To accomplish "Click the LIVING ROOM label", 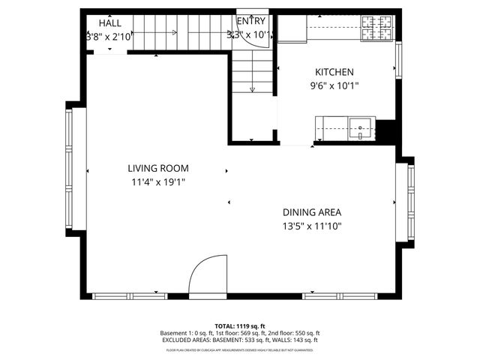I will click(157, 169).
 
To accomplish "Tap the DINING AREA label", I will click(312, 212).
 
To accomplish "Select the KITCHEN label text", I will click(334, 72).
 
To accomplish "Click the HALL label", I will click(109, 23).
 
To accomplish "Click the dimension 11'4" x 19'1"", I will click(157, 181).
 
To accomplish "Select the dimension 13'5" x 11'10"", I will click(312, 225).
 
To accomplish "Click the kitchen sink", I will click(361, 128).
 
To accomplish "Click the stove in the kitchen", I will click(377, 28).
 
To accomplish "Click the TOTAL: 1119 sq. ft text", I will click(240, 325).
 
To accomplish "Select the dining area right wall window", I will click(410, 202).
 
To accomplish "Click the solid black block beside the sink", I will click(385, 130).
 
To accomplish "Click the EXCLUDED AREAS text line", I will click(240, 340).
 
